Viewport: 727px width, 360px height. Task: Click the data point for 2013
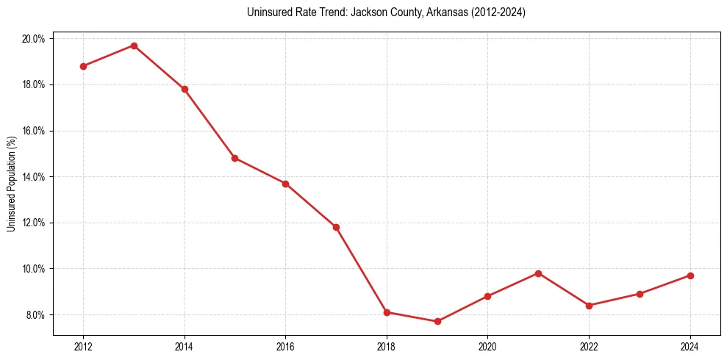134,46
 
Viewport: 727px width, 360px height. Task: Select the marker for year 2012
83,66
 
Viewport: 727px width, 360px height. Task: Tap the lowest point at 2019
437,321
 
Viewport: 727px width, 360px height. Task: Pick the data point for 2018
387,312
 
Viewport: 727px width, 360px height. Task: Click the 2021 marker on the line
538,273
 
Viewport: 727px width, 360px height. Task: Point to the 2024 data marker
690,276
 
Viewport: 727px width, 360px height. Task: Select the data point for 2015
234,158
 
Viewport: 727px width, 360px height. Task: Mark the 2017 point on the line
336,227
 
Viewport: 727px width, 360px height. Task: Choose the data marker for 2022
589,306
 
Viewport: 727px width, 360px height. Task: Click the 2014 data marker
185,89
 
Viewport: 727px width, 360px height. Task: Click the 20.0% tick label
33,39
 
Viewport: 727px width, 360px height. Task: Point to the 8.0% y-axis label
35,315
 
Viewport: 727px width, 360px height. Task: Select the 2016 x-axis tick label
285,347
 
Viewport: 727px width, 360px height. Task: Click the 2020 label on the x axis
487,347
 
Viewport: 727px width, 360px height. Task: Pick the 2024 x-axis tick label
690,347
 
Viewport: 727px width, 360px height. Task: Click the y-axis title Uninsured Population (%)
11,184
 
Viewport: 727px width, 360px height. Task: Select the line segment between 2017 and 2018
361,270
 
